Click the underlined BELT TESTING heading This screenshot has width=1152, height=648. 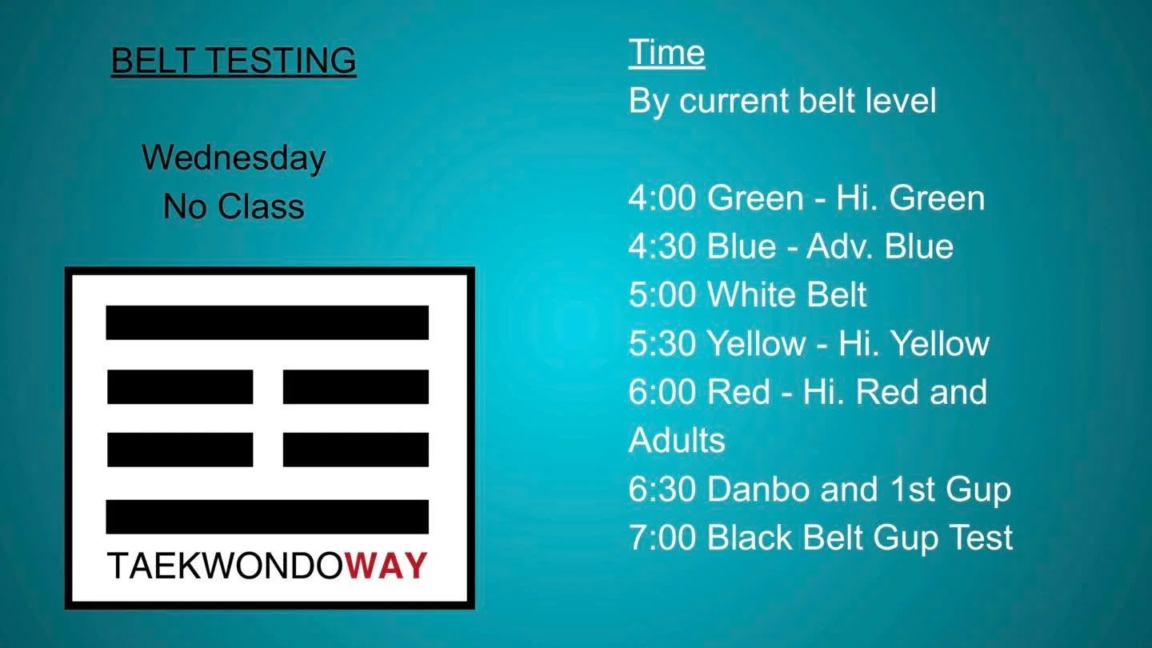click(x=234, y=62)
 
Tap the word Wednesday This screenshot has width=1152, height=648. click(x=234, y=158)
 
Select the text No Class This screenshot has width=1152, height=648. click(x=234, y=207)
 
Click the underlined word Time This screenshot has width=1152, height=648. click(x=666, y=53)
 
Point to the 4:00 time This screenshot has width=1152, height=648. click(x=662, y=198)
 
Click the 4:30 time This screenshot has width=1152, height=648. click(x=662, y=247)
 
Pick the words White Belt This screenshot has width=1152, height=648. click(x=787, y=295)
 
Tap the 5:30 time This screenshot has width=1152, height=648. click(x=662, y=344)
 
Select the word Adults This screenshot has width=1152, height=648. click(x=677, y=441)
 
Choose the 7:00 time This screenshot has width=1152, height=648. click(x=662, y=538)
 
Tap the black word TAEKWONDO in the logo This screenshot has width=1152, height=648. click(x=226, y=566)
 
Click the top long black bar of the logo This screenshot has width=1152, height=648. click(x=267, y=322)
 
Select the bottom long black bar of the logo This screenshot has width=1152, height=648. click(x=267, y=517)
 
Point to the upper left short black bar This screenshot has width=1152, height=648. click(x=180, y=386)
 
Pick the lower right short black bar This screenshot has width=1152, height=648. click(x=356, y=450)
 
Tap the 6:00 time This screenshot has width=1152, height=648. click(x=662, y=393)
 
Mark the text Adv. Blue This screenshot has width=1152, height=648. click(x=879, y=247)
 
